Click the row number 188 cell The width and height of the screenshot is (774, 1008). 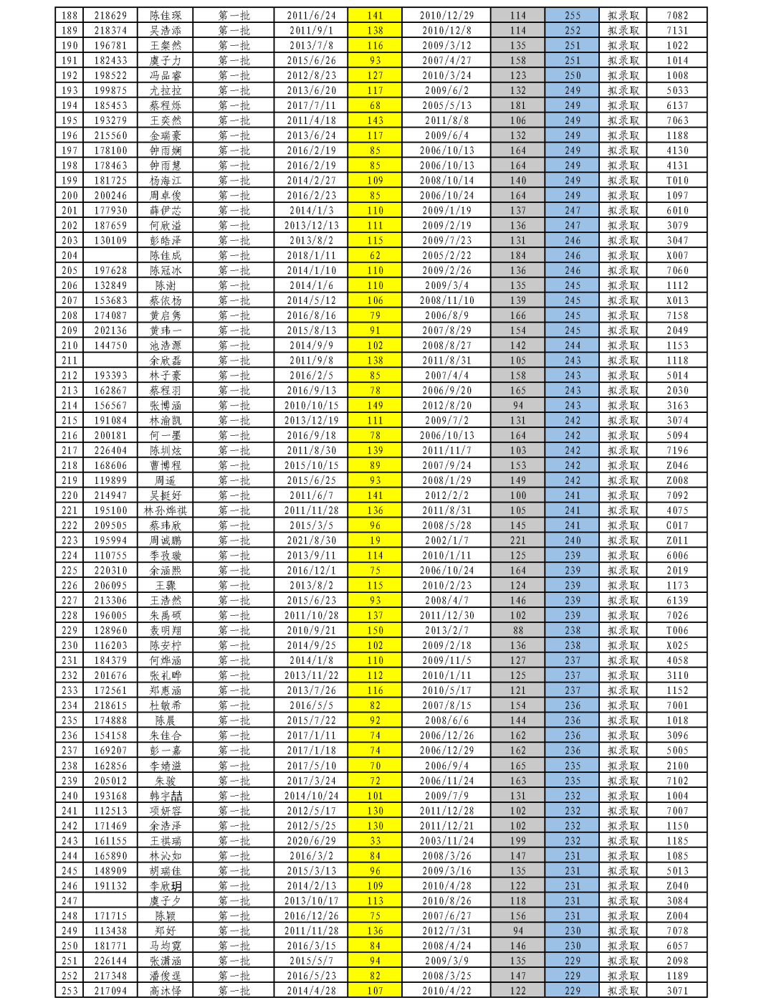pos(70,15)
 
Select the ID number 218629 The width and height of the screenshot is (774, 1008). pos(110,15)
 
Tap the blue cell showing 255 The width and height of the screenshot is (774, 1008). pos(572,15)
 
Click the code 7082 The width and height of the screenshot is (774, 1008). pos(677,15)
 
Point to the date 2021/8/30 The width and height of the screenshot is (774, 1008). pos(311,541)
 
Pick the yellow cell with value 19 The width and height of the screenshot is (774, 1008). pos(375,541)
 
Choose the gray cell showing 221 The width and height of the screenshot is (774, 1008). pos(517,541)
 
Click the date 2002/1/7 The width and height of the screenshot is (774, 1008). pos(446,541)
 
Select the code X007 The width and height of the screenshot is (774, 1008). pos(677,255)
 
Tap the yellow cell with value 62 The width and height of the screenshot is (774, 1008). pos(375,255)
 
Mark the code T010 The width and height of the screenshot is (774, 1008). pos(677,181)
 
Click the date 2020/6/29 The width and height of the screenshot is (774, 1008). pos(311,841)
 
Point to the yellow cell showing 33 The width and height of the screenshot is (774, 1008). pos(375,841)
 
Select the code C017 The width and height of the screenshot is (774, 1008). pos(677,526)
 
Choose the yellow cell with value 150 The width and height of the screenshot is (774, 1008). pos(375,630)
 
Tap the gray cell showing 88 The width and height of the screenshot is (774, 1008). pos(517,630)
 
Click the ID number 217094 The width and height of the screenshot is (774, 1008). pos(110,991)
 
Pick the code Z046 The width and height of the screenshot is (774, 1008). pos(677,465)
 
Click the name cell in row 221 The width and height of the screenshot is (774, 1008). pos(165,510)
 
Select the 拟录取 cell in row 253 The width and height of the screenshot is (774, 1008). pos(623,991)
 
